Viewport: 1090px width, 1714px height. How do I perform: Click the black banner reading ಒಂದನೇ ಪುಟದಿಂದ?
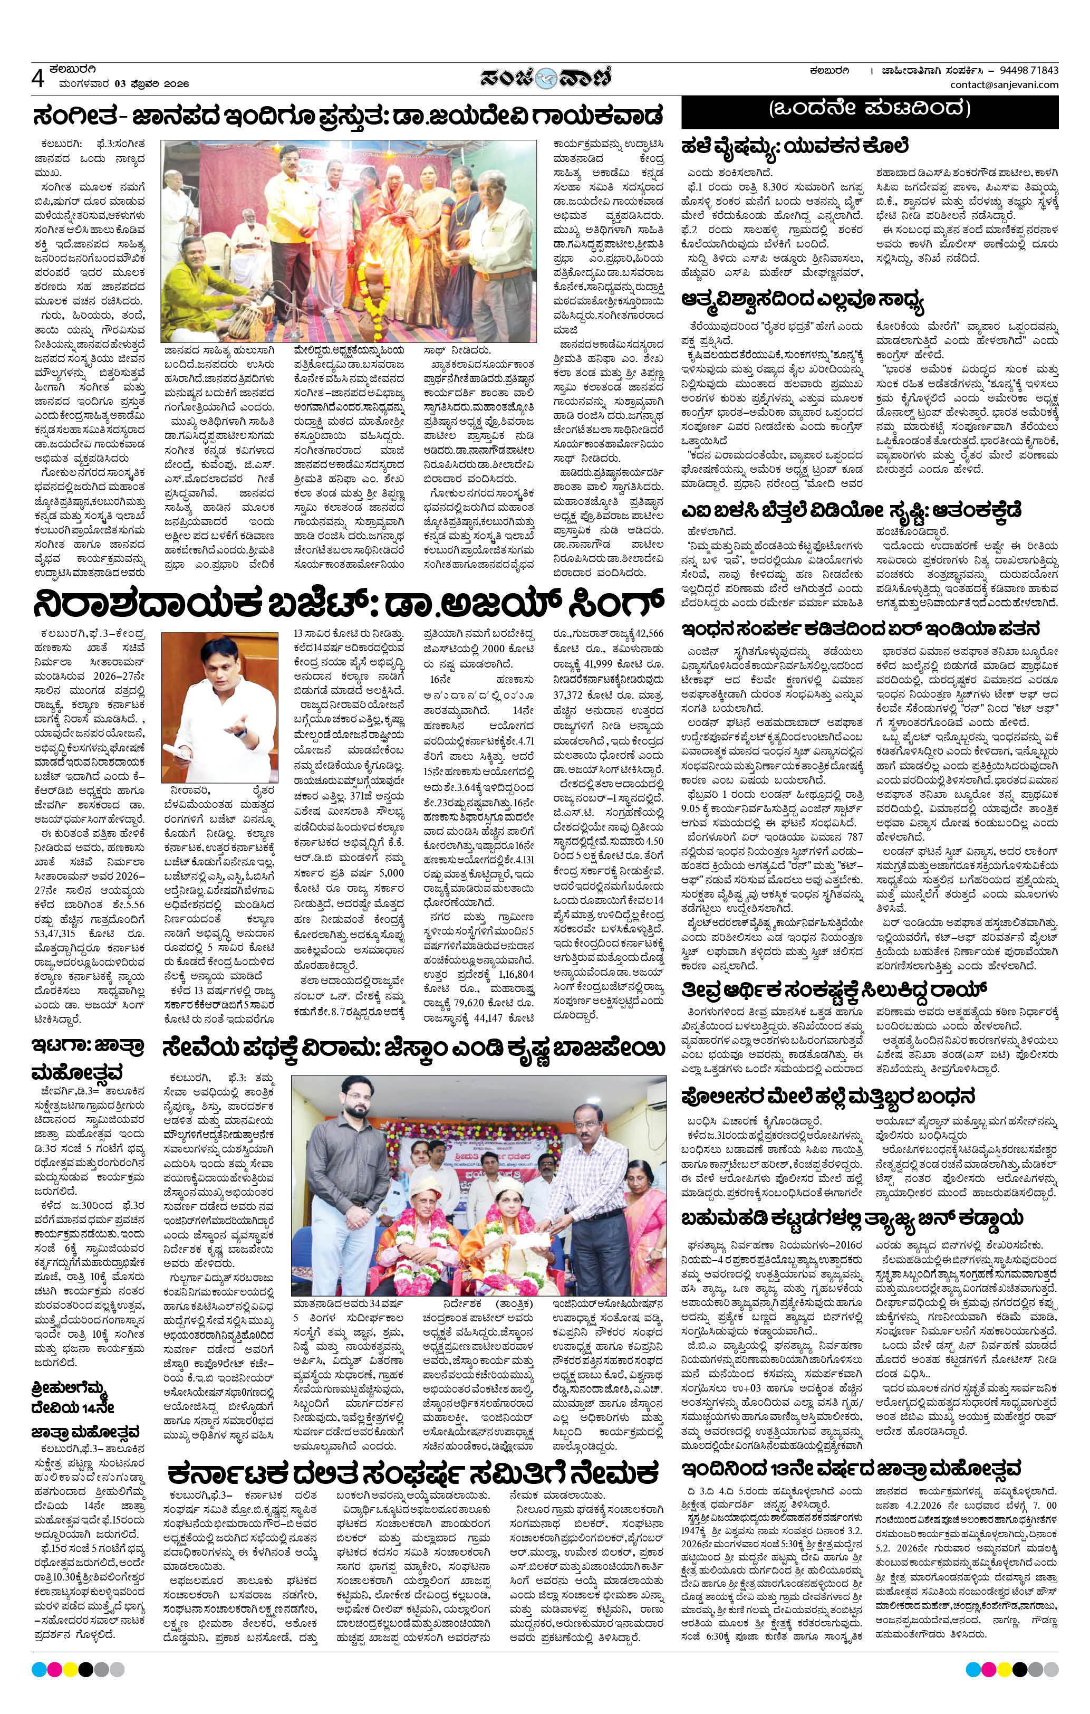870,110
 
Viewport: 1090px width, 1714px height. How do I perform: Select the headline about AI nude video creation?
852,510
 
